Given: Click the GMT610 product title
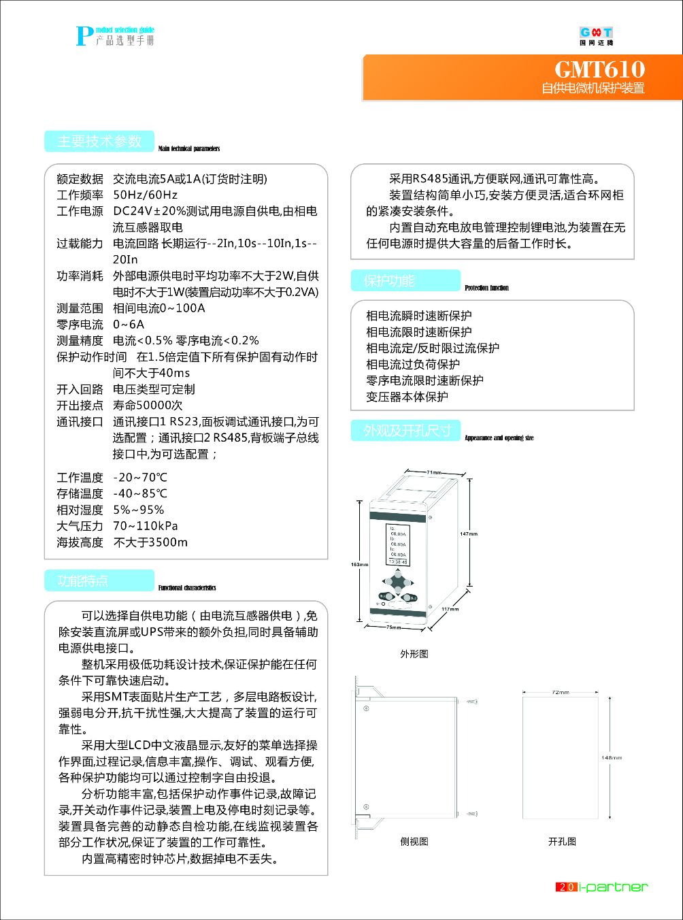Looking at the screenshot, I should coord(599,69).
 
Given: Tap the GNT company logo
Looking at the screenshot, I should coord(596,35).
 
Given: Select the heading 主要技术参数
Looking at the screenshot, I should coord(99,142).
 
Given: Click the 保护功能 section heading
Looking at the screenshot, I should coord(388,281).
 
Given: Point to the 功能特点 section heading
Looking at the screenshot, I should coord(83,581).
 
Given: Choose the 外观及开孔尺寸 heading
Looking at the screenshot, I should coord(406,431).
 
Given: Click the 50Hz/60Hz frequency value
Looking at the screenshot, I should coord(145,195).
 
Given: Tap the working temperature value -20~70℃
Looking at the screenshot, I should coord(139,478).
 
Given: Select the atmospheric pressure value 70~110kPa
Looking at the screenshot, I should coord(145,526).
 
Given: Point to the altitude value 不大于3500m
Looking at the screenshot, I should coord(150,542).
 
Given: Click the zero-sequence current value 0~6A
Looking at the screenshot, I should coord(129,325).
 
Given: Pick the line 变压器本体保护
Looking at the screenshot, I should coord(407,397).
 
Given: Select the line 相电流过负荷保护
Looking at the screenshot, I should coord(413,364).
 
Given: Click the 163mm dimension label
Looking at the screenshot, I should coord(359,564).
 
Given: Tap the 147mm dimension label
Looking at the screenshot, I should coord(468,533).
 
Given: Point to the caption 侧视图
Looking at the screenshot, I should coord(414,842).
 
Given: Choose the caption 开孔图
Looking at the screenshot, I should coord(562,842).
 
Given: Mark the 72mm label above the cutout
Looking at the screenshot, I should coord(561,692).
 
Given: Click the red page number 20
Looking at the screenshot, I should coord(567,887).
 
